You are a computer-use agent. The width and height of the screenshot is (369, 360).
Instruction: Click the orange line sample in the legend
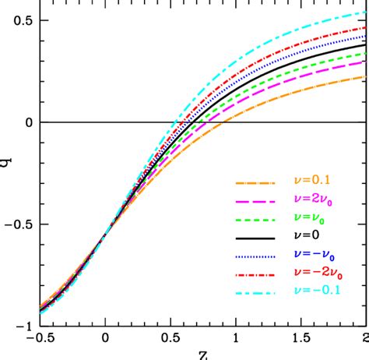256,185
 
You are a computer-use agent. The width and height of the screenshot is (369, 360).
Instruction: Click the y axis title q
6,164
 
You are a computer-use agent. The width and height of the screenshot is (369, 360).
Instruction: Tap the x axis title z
202,355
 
